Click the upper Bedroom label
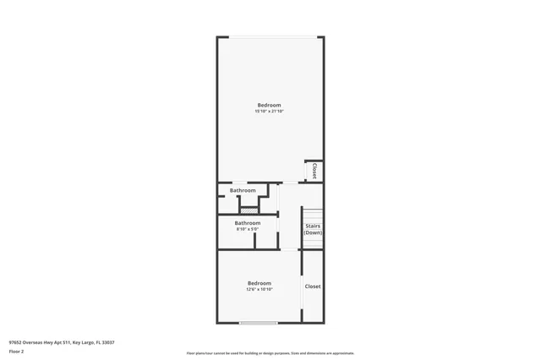coord(269,105)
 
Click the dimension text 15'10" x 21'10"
coord(269,112)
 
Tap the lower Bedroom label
coord(259,283)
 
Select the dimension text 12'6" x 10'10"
coord(259,290)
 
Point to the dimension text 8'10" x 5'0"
coord(247,229)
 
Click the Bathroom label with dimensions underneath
coord(247,223)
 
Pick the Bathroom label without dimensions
coord(243,191)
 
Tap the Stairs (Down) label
coord(313,229)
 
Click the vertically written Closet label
coord(314,171)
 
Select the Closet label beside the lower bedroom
coord(313,286)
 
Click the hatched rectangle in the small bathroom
coord(260,210)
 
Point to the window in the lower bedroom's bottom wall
coord(259,322)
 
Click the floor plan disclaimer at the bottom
coord(270,353)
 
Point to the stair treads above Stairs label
coord(313,213)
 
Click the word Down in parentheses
coord(313,232)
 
